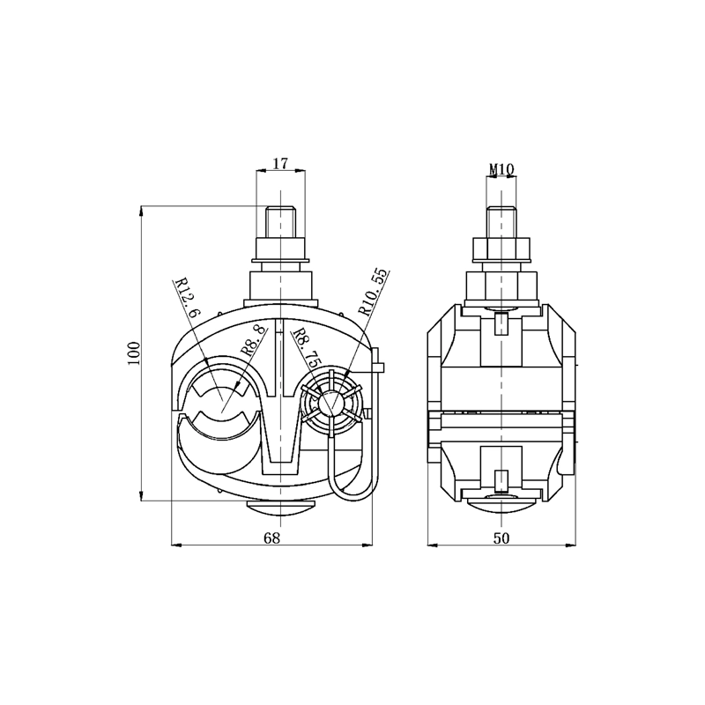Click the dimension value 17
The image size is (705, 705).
280,163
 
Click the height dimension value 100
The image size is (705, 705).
135,353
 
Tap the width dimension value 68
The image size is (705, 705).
272,538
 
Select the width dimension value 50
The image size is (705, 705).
501,538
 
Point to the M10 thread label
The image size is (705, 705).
501,169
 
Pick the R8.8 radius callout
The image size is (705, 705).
253,343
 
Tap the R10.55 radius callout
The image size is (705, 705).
372,293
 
